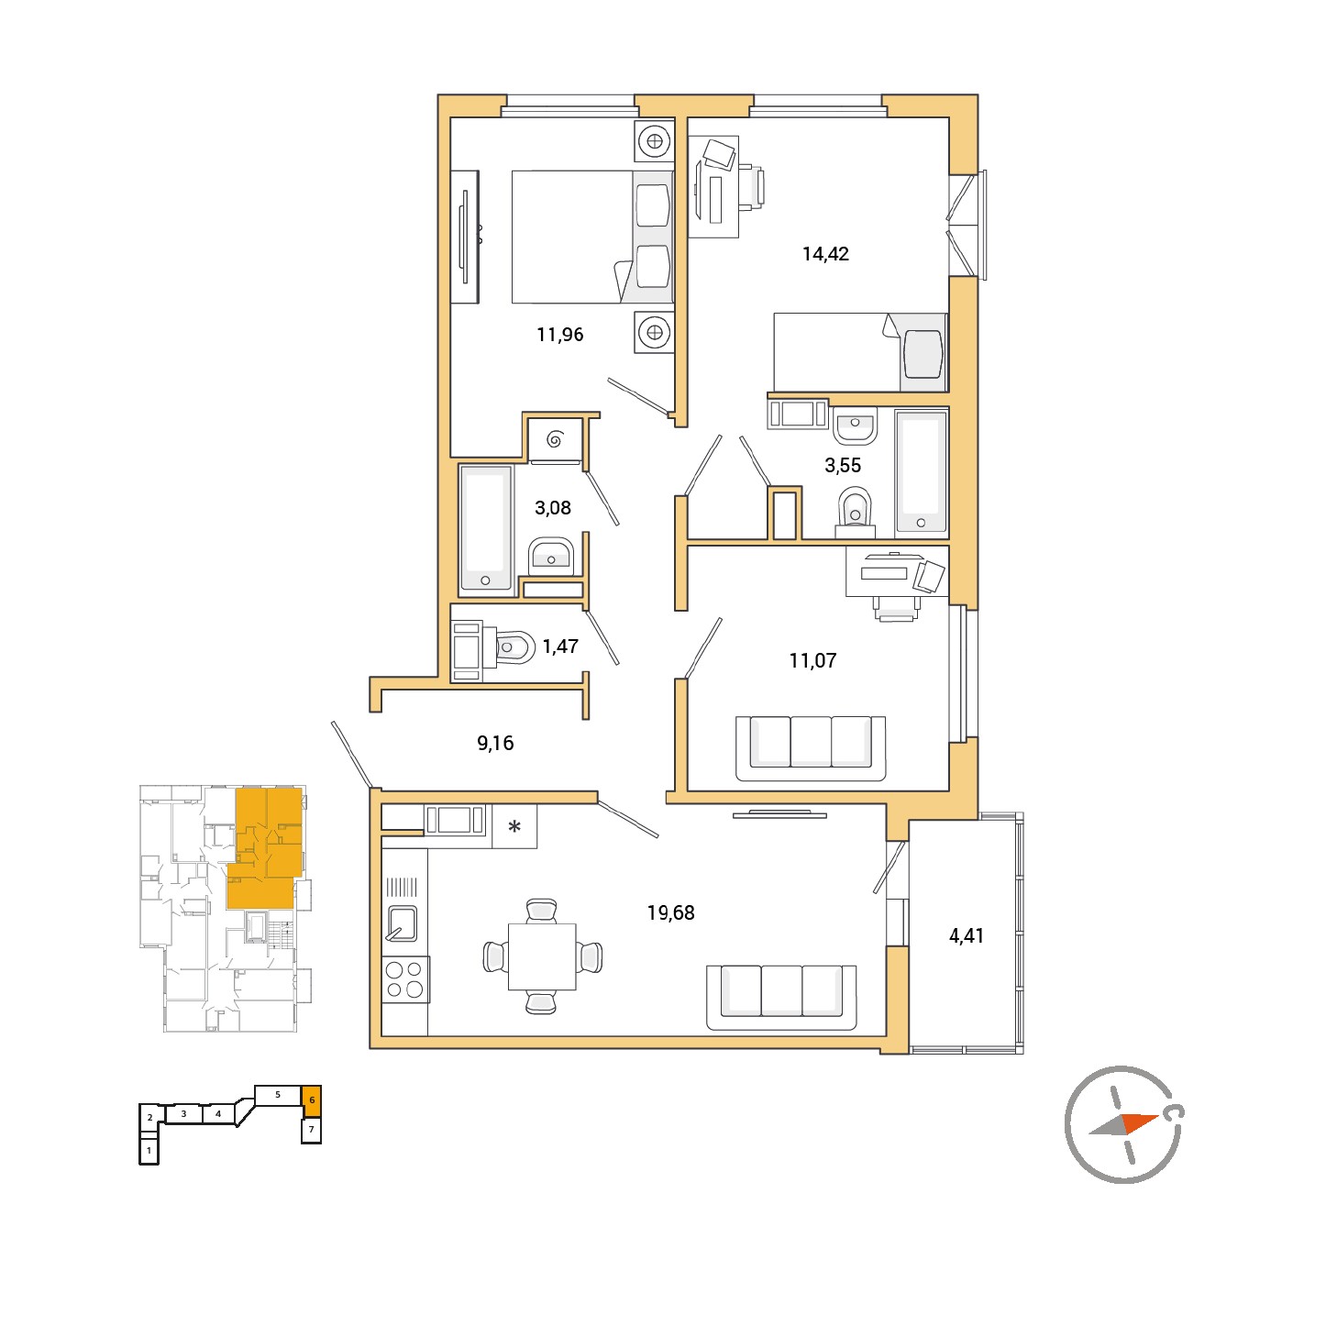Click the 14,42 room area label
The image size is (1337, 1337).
click(825, 254)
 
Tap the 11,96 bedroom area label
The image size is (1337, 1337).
click(560, 335)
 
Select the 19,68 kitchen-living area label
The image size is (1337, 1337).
click(670, 912)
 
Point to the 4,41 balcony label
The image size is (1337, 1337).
click(966, 935)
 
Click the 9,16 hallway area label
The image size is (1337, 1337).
click(494, 743)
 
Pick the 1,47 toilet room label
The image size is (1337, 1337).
click(560, 646)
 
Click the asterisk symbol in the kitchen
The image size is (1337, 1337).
click(514, 826)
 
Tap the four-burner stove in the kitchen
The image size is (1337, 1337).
click(405, 979)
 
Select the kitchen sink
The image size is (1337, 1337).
click(403, 923)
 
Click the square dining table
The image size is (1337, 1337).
click(542, 956)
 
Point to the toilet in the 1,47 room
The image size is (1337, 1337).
click(512, 648)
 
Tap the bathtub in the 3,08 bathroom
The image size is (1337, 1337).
click(486, 528)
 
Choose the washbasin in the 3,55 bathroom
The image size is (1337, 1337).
click(856, 425)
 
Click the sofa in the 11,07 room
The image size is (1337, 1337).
click(810, 748)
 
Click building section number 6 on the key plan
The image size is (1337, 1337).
click(312, 1099)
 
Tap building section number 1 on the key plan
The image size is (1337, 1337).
click(149, 1150)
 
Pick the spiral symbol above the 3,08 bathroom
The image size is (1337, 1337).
click(555, 438)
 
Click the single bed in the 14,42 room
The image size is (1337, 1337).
click(860, 352)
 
